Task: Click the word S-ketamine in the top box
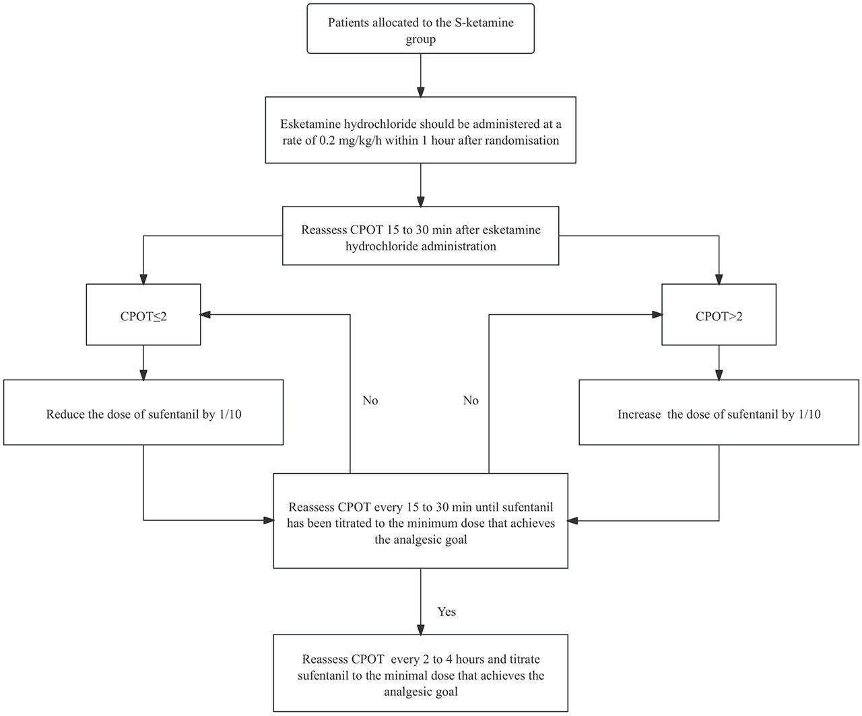[484, 22]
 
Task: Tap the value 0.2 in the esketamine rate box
[327, 141]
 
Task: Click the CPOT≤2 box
[143, 314]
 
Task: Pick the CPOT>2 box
[719, 314]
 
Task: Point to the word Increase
[639, 414]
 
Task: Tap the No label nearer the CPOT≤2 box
[370, 400]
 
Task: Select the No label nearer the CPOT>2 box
[471, 400]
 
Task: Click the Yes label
[446, 612]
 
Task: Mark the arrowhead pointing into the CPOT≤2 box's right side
[205, 315]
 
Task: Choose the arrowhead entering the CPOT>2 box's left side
[657, 315]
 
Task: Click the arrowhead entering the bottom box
[421, 630]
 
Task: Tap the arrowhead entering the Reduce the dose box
[143, 375]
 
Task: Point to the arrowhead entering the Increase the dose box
[719, 375]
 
